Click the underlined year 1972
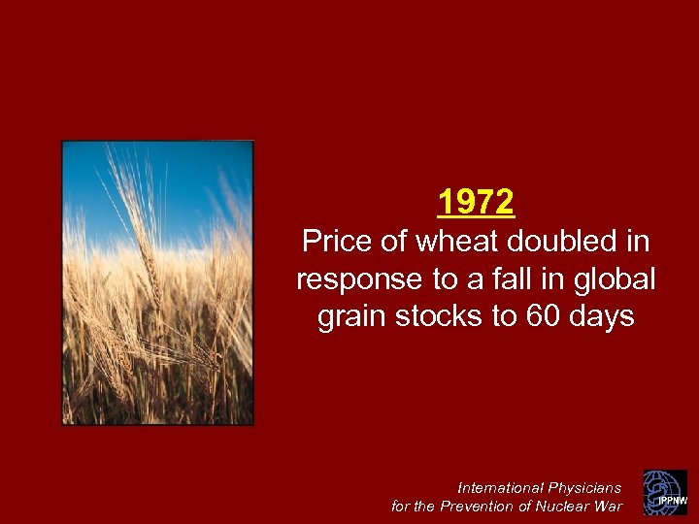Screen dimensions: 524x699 pyautogui.click(x=476, y=203)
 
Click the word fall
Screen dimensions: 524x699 pyautogui.click(x=528, y=279)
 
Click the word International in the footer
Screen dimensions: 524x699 pyautogui.click(x=500, y=487)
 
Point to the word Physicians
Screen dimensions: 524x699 pyautogui.click(x=584, y=487)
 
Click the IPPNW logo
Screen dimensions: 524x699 pyautogui.click(x=665, y=492)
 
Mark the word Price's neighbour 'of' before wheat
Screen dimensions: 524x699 pyautogui.click(x=392, y=242)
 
